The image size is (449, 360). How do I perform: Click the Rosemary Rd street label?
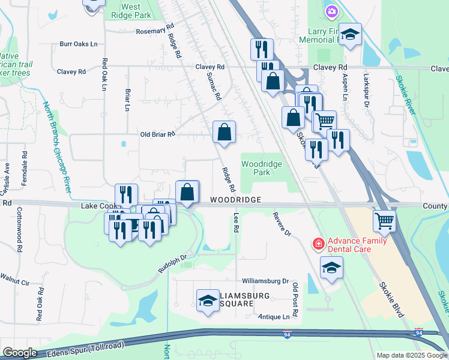point(154,31)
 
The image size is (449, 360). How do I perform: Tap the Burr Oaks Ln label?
point(79,44)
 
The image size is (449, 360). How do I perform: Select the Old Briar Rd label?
point(157,134)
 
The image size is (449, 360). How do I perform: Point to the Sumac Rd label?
point(214,86)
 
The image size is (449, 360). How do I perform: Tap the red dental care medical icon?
point(318,244)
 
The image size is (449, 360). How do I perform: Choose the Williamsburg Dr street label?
point(266,281)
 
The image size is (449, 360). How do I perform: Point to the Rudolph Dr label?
point(172,265)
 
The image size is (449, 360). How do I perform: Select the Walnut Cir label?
point(15,278)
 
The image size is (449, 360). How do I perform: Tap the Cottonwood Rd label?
point(19,221)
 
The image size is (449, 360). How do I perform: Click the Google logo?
point(19,353)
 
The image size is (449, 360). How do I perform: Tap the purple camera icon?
point(331,11)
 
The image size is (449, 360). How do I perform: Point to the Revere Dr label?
point(282,224)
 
